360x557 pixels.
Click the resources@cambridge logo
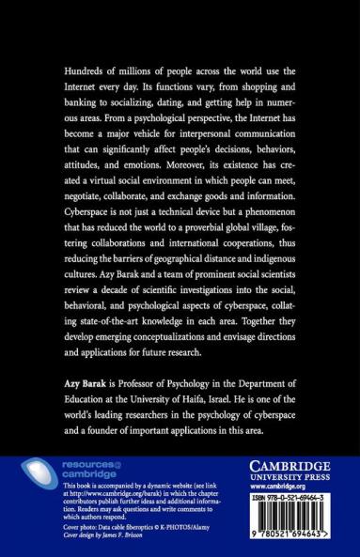click(x=75, y=469)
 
